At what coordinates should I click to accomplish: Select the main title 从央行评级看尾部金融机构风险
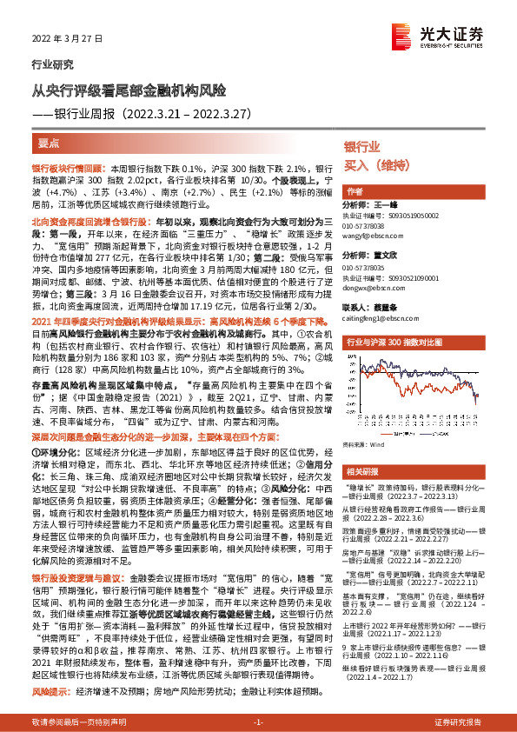click(129, 90)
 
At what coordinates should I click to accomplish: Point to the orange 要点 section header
click(50, 143)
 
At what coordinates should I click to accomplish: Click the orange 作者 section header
click(355, 191)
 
